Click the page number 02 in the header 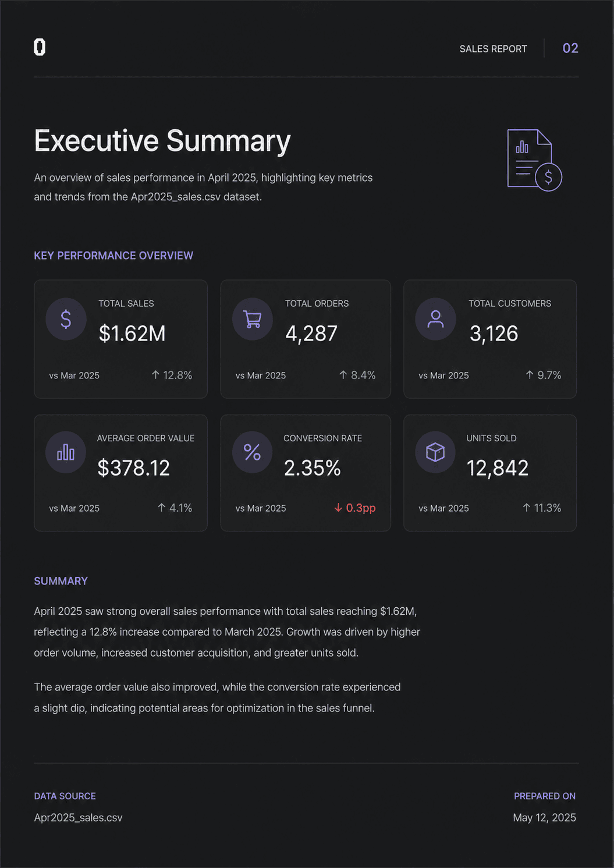[x=570, y=48]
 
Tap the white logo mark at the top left [x=40, y=47]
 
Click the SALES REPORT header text [x=493, y=49]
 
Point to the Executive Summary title [x=162, y=141]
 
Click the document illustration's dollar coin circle [x=548, y=177]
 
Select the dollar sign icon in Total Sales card [x=66, y=319]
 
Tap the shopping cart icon [x=253, y=319]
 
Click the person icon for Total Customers [x=435, y=319]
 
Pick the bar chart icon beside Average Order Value [x=66, y=452]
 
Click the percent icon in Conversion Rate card [x=252, y=452]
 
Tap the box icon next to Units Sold [x=435, y=452]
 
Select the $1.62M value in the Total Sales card [x=132, y=333]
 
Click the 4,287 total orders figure [x=311, y=334]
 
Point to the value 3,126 [x=494, y=334]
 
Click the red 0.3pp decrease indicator [x=355, y=508]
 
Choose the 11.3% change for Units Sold [x=542, y=508]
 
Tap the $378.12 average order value [x=134, y=467]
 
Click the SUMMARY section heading [x=61, y=581]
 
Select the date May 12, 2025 [x=544, y=817]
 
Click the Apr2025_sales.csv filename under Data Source [x=78, y=817]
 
